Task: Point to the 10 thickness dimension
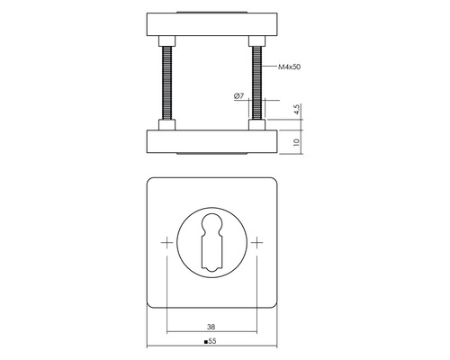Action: click(298, 141)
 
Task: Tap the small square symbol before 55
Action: click(207, 343)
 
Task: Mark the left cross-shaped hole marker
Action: click(166, 243)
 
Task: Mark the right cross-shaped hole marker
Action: click(258, 243)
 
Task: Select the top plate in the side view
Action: click(212, 25)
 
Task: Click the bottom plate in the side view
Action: click(212, 141)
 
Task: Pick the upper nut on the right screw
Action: click(256, 41)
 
